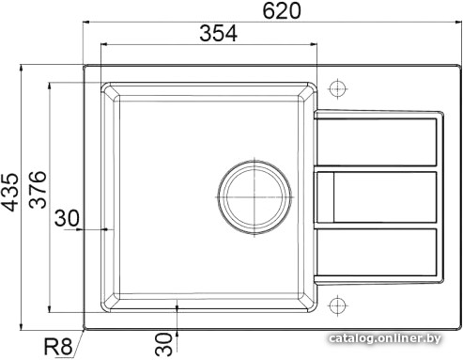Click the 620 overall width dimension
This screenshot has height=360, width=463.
coord(282,10)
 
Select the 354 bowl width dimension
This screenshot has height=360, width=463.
coord(218,33)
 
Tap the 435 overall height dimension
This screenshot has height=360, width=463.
coord(9,192)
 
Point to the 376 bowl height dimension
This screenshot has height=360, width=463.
coord(38,190)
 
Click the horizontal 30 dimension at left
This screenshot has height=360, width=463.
coord(67,218)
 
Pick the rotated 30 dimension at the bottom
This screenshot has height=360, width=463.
coord(163,344)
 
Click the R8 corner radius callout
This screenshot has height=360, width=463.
coord(58,347)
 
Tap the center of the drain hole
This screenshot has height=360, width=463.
coord(255,197)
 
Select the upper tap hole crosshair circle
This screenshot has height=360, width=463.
coord(337,88)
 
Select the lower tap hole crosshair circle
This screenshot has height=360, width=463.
coord(337,305)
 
